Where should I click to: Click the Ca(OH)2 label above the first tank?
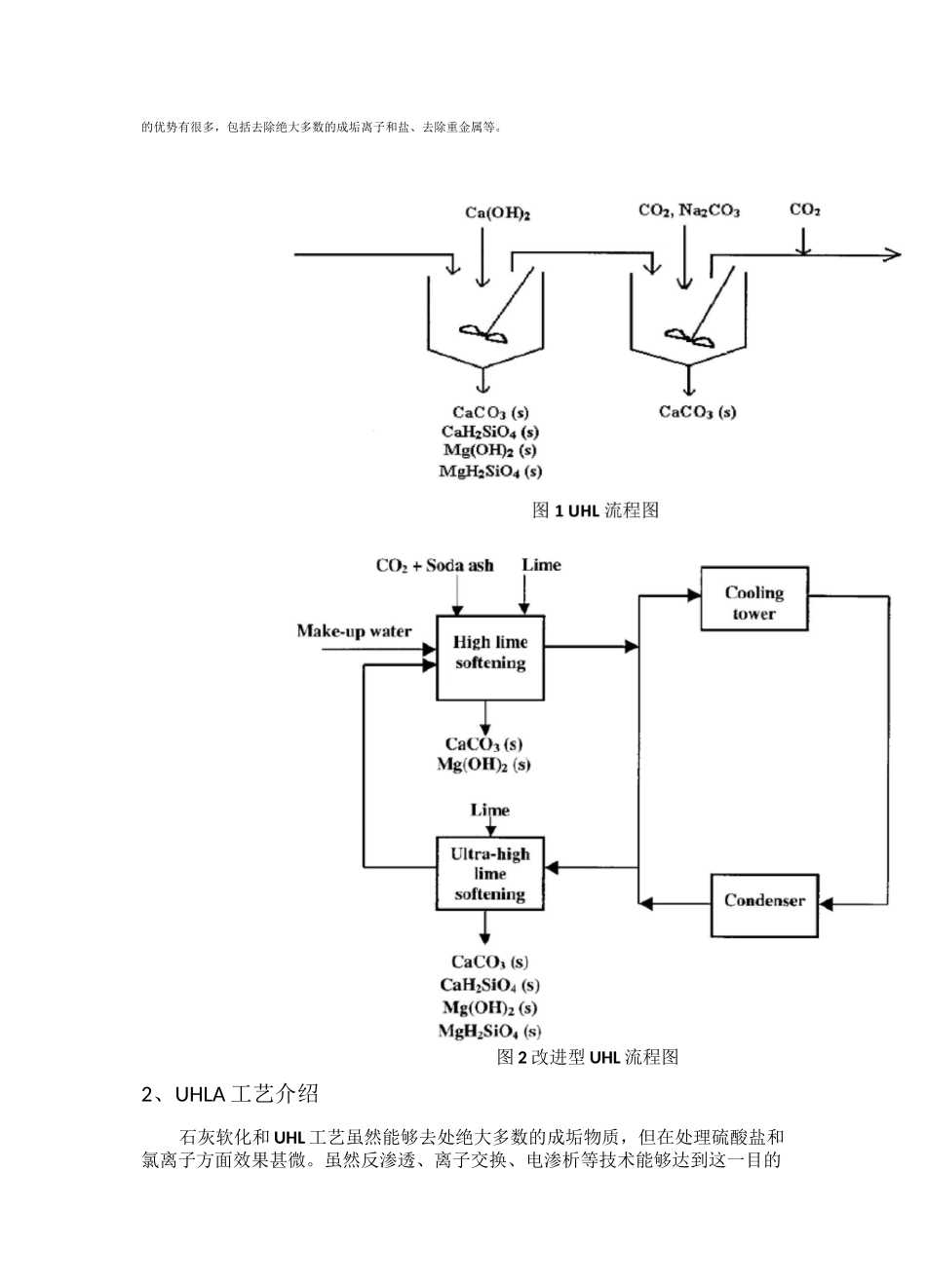click(x=497, y=212)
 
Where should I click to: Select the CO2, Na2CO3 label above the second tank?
click(x=688, y=210)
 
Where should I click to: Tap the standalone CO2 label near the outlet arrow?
click(x=804, y=209)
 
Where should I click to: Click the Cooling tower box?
click(x=754, y=603)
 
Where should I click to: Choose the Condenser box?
click(x=764, y=900)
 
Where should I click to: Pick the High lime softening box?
click(x=489, y=654)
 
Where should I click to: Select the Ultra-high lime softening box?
click(x=489, y=874)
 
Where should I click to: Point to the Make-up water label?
click(x=354, y=631)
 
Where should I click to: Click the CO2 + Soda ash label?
click(x=435, y=566)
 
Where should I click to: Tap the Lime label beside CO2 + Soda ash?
click(x=541, y=565)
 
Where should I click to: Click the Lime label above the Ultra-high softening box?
click(x=489, y=811)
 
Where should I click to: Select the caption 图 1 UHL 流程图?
click(x=595, y=510)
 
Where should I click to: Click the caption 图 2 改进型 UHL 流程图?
click(x=587, y=1057)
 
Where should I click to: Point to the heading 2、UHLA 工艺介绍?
click(x=230, y=1094)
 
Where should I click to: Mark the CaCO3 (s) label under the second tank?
click(x=697, y=412)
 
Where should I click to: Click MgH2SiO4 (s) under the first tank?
click(x=490, y=472)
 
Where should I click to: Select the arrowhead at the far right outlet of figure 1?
click(x=891, y=254)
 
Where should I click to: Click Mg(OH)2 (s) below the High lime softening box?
click(x=483, y=765)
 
